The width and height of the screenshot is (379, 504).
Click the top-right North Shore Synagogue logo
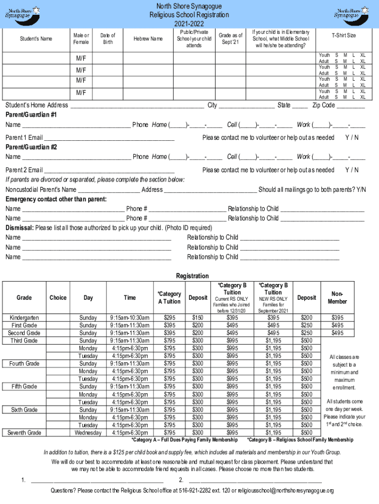click(352, 12)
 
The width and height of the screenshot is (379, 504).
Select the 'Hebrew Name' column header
click(148, 39)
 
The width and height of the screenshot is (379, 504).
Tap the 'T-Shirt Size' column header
click(343, 35)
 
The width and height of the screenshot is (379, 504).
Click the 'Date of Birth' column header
click(107, 38)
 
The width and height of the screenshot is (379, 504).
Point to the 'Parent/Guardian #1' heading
click(31, 115)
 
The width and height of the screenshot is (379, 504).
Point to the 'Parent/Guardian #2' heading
click(31, 147)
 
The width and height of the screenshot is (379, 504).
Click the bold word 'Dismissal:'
click(20, 228)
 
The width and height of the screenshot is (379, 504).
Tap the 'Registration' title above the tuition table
click(192, 276)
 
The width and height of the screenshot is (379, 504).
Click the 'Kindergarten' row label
click(24, 318)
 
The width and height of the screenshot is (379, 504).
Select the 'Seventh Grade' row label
click(24, 433)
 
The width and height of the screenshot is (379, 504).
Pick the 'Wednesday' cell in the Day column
click(88, 433)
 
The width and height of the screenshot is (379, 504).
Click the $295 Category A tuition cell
click(169, 318)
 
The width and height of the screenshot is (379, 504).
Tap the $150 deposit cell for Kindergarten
click(197, 318)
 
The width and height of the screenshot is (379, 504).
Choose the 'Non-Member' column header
click(337, 298)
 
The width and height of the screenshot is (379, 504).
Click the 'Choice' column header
click(58, 298)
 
